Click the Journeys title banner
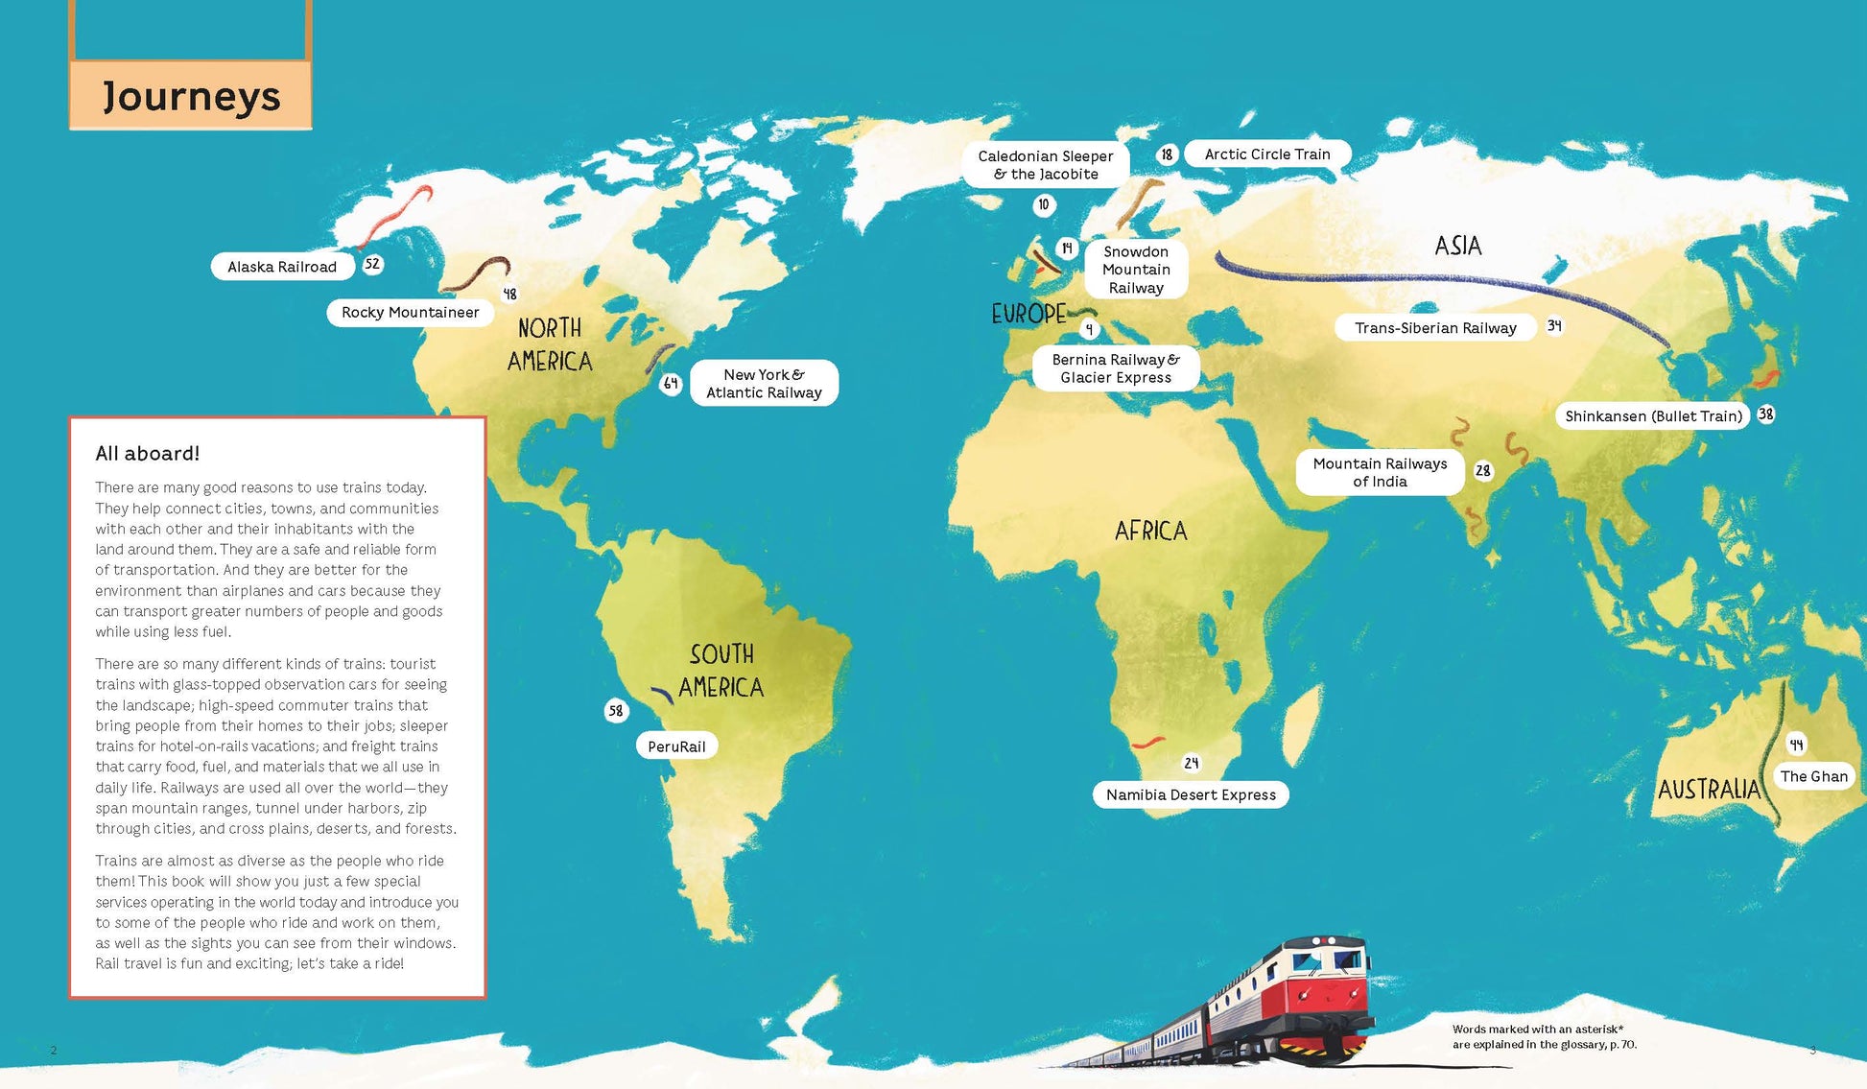[191, 96]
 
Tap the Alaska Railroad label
[282, 267]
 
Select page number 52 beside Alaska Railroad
[372, 264]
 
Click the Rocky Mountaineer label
[410, 313]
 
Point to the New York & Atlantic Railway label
[764, 384]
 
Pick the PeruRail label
[676, 746]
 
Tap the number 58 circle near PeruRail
[616, 711]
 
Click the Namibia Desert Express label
[1191, 794]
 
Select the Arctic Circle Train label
[1266, 154]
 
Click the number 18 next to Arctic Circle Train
[1167, 154]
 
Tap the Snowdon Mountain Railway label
[1136, 270]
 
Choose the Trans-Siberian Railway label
[1435, 328]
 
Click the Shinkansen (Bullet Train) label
[1653, 416]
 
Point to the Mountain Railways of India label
[1380, 472]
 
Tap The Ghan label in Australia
[1813, 776]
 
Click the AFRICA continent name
[1150, 531]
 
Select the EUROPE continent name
[1028, 314]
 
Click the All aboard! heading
[148, 454]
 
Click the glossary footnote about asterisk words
[1544, 1037]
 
